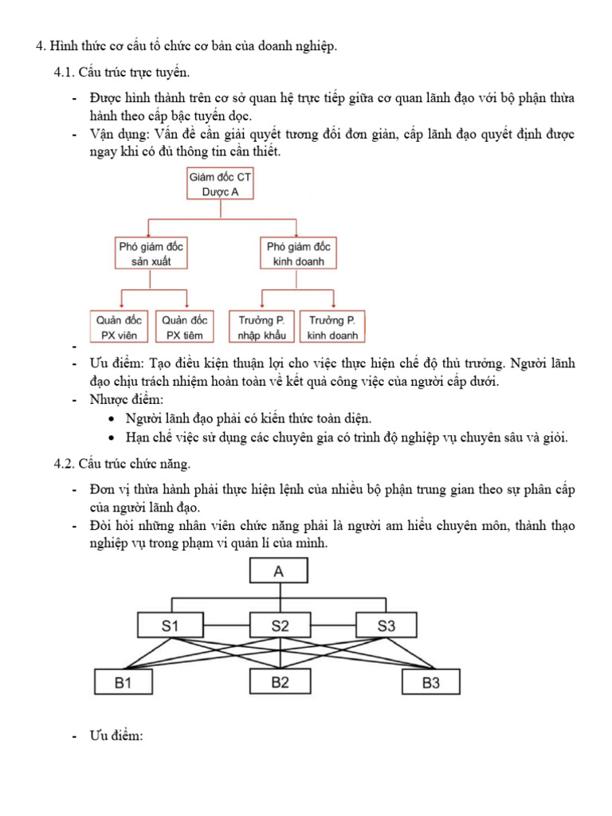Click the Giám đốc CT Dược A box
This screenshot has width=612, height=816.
coord(221,184)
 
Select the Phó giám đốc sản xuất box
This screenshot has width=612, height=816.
coord(151,254)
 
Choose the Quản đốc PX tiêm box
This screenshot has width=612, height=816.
coord(186,328)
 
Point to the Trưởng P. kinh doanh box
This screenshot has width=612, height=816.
coord(332,328)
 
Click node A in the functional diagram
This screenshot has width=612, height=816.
coord(278,571)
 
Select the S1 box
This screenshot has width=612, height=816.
coord(171,626)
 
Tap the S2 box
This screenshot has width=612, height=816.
coord(279,626)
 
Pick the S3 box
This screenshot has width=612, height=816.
coord(386,626)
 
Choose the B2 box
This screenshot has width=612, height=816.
coord(279,683)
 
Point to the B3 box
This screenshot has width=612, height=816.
coord(430,683)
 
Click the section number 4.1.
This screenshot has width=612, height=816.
coord(64,73)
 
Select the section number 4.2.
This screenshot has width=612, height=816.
coord(64,464)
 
